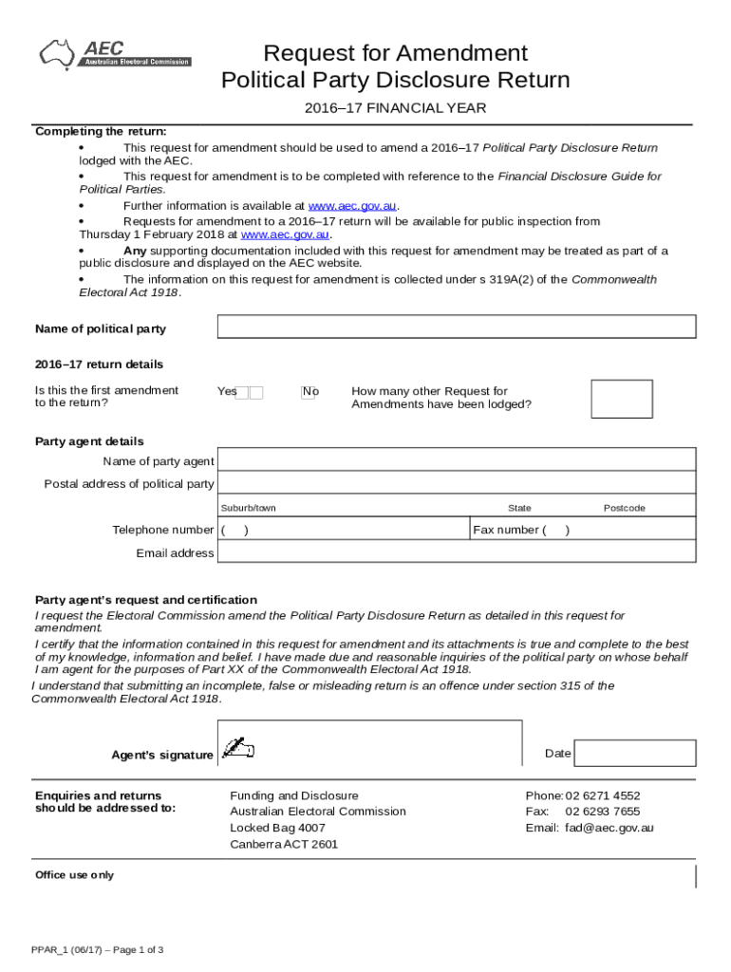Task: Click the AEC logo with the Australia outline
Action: pyautogui.click(x=113, y=53)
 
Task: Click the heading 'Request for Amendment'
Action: pyautogui.click(x=395, y=52)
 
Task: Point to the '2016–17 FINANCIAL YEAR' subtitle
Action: pyautogui.click(x=395, y=108)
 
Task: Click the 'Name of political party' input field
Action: pyautogui.click(x=457, y=327)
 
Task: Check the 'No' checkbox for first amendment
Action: pyautogui.click(x=308, y=392)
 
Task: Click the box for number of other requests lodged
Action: pyautogui.click(x=621, y=399)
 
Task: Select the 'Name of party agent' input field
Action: pyautogui.click(x=457, y=460)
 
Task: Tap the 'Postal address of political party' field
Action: pyautogui.click(x=457, y=483)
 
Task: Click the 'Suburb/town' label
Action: pyautogui.click(x=248, y=508)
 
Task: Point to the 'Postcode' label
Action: pyautogui.click(x=624, y=508)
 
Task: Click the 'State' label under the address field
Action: pyautogui.click(x=519, y=508)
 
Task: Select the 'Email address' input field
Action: pyautogui.click(x=457, y=552)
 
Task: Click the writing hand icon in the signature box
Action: pyautogui.click(x=237, y=749)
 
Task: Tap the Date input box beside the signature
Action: pyautogui.click(x=636, y=754)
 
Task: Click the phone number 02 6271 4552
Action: pyautogui.click(x=603, y=795)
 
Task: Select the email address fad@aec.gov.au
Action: pyautogui.click(x=609, y=828)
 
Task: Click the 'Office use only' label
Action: pyautogui.click(x=74, y=874)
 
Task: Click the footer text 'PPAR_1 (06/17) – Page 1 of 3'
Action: pyautogui.click(x=97, y=949)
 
